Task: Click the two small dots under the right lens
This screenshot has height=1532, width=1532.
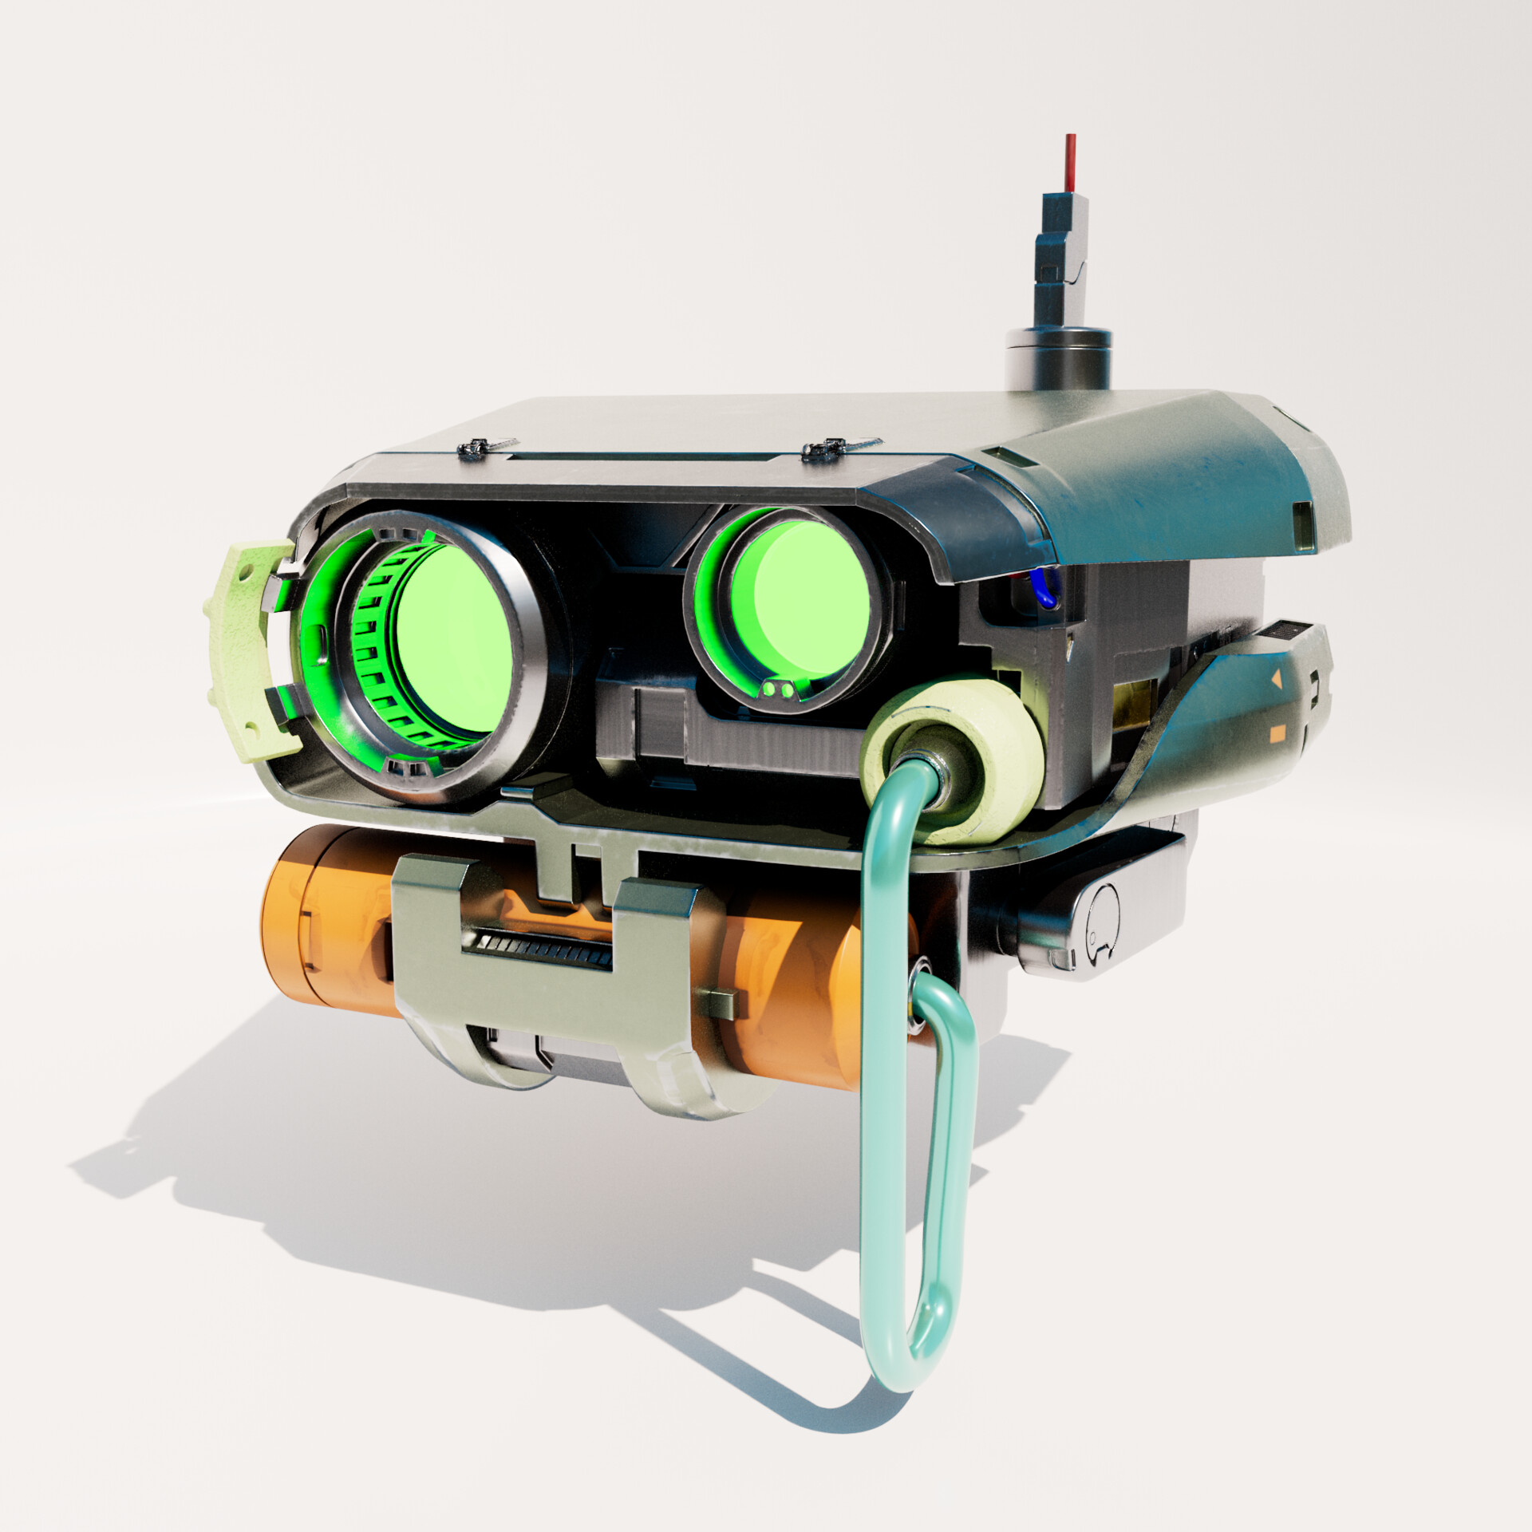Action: (777, 688)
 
